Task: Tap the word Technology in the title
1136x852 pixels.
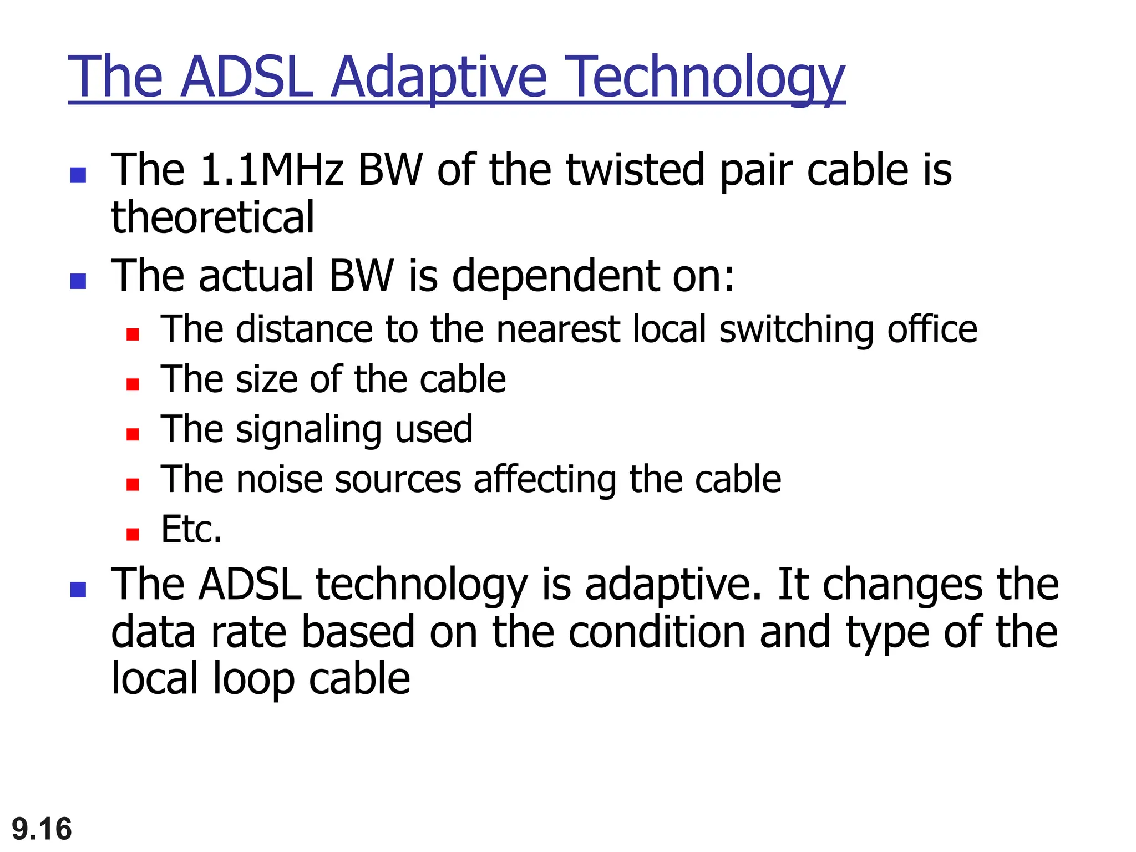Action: [x=707, y=78]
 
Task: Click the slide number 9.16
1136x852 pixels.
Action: [x=42, y=829]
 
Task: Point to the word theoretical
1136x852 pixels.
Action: [x=212, y=217]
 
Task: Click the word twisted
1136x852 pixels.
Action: [x=637, y=169]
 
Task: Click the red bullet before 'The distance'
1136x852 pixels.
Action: [x=133, y=334]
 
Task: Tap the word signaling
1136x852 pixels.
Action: [x=308, y=430]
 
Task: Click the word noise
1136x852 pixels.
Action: [x=279, y=479]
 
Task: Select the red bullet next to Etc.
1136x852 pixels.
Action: [x=133, y=534]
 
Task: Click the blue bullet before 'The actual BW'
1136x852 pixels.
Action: [x=78, y=281]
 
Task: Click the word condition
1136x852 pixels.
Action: [x=657, y=632]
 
